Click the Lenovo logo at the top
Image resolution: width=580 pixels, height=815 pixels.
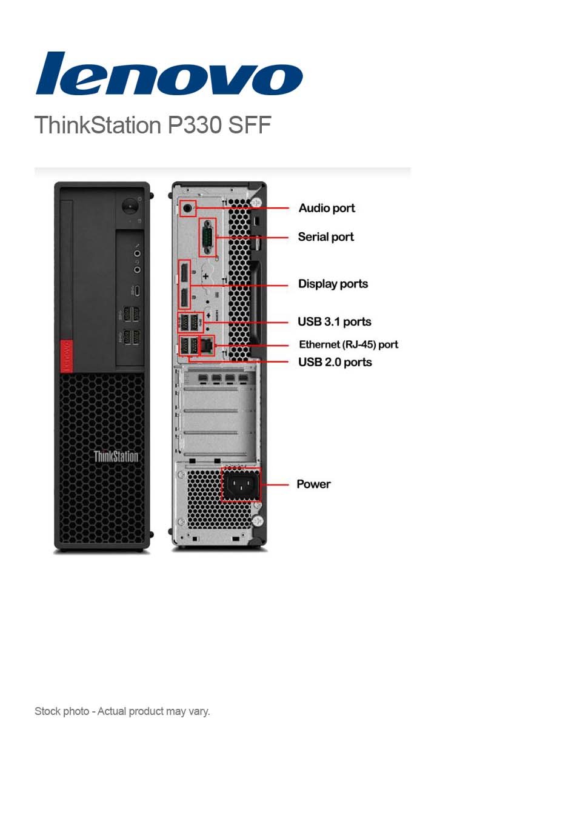[x=168, y=73]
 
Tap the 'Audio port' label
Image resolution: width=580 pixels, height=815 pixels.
[x=327, y=208]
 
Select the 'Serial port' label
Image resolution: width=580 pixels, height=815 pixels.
[x=325, y=237]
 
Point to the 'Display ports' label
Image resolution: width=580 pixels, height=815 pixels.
[x=333, y=284]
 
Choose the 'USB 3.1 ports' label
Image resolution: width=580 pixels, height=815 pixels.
[x=334, y=321]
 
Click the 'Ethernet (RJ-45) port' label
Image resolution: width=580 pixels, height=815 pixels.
[x=348, y=344]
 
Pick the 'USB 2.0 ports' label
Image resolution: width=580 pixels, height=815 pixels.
[x=335, y=362]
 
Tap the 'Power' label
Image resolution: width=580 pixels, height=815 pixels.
[x=313, y=484]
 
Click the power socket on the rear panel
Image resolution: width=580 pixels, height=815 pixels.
[x=241, y=485]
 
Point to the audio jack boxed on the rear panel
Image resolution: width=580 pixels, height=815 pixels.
[x=188, y=209]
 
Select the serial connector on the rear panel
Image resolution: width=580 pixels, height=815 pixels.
[x=207, y=237]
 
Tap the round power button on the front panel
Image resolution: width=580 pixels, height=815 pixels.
[x=130, y=206]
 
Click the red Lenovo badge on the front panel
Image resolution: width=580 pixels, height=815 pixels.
[x=66, y=355]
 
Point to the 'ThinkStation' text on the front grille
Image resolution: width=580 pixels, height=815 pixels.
[x=116, y=456]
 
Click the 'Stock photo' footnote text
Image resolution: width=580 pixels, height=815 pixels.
[x=122, y=711]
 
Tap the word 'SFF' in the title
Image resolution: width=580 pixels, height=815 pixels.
[x=249, y=125]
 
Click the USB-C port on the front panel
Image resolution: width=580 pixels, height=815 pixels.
[x=137, y=290]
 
